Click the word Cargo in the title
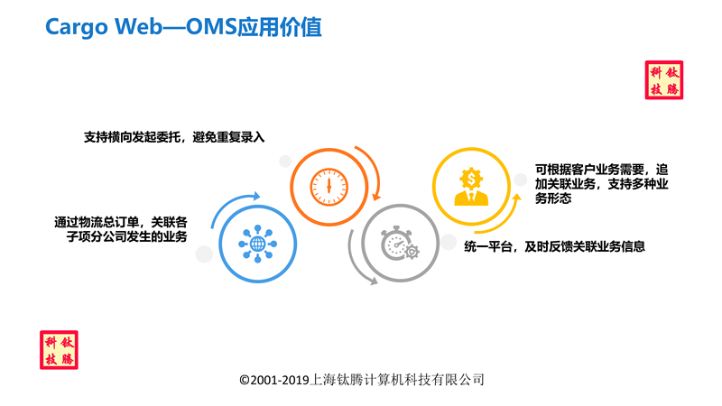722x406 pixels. click(77, 27)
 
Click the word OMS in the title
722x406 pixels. click(211, 26)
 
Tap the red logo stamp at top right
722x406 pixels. click(664, 80)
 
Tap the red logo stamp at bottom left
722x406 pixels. click(59, 350)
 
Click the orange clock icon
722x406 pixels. click(329, 187)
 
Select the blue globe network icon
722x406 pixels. click(257, 244)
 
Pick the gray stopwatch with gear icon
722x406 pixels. click(400, 244)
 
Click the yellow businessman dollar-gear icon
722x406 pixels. click(471, 186)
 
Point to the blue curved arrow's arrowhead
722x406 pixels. click(256, 196)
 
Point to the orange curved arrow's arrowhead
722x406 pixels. click(376, 197)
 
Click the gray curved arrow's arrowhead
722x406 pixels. click(374, 281)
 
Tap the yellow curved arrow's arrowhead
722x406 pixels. click(516, 198)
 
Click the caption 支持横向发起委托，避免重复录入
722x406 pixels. click(174, 137)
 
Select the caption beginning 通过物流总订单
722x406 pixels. click(121, 229)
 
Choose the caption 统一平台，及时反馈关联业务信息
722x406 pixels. click(554, 246)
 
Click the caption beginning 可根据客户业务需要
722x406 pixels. click(601, 184)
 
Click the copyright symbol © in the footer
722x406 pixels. click(244, 380)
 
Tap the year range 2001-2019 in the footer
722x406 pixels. click(280, 380)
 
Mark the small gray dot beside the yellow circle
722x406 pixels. click(521, 180)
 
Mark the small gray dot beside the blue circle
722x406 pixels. click(204, 254)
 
